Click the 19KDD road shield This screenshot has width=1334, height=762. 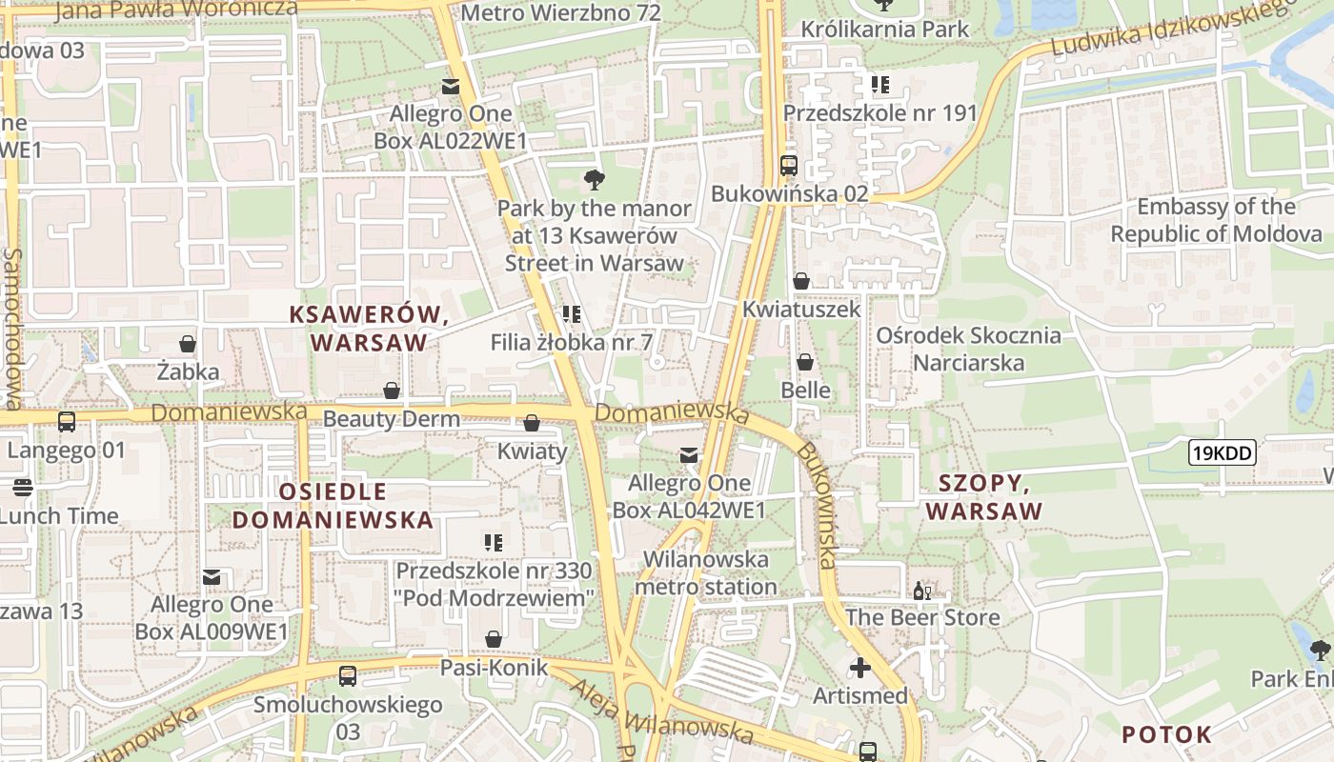(x=1223, y=453)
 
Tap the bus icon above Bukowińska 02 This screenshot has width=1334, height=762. (x=788, y=166)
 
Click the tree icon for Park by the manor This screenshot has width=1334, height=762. (x=595, y=179)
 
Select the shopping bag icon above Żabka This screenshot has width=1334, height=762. (x=188, y=344)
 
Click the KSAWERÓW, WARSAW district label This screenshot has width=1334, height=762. (x=369, y=329)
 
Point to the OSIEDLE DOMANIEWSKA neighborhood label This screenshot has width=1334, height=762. (x=333, y=506)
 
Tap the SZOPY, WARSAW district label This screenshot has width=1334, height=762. (x=984, y=497)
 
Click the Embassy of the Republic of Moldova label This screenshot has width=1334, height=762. (x=1216, y=220)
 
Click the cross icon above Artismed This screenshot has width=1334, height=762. (x=860, y=668)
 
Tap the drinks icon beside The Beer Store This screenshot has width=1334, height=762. (x=922, y=591)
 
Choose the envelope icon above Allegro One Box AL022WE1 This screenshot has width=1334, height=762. (x=451, y=87)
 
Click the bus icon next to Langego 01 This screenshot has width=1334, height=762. (x=67, y=421)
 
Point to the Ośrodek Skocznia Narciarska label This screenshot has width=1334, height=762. (x=968, y=349)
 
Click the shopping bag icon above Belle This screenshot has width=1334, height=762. (x=805, y=362)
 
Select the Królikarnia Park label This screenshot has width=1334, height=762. (x=884, y=29)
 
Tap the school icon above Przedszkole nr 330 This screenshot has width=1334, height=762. (x=494, y=543)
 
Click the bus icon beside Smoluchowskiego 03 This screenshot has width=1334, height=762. (x=348, y=676)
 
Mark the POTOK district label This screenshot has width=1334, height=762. (x=1166, y=734)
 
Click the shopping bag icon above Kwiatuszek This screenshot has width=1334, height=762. (x=801, y=281)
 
